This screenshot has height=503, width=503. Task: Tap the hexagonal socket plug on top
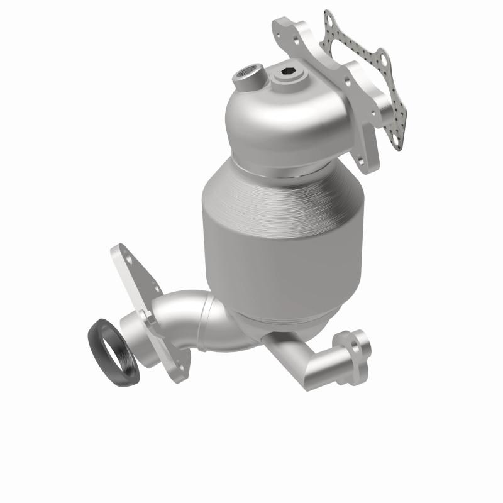point(285,75)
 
